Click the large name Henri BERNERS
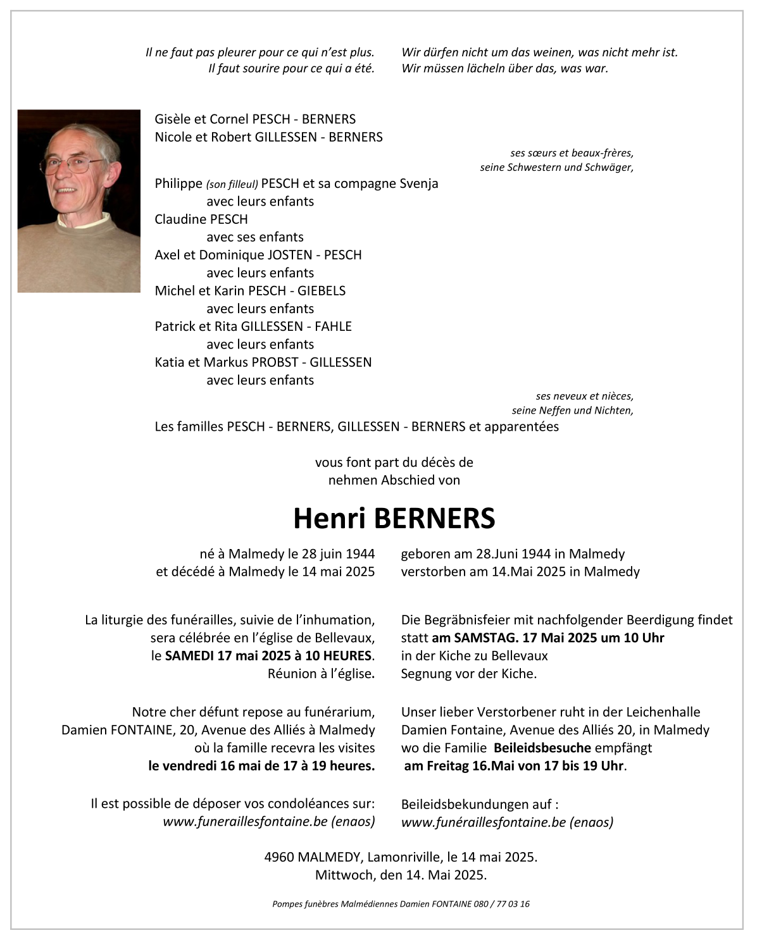(x=394, y=519)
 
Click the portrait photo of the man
(x=78, y=201)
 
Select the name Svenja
(x=418, y=183)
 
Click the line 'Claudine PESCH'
(x=201, y=220)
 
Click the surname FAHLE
(x=333, y=326)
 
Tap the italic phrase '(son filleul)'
(x=232, y=185)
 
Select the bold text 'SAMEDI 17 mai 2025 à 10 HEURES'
(x=268, y=656)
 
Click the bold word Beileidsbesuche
(x=542, y=748)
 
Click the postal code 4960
(x=278, y=857)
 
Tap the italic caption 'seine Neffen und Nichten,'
(x=572, y=411)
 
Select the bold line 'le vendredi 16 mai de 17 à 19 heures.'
(x=261, y=765)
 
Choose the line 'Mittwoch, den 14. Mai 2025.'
(x=401, y=875)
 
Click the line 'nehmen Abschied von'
(x=394, y=480)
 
